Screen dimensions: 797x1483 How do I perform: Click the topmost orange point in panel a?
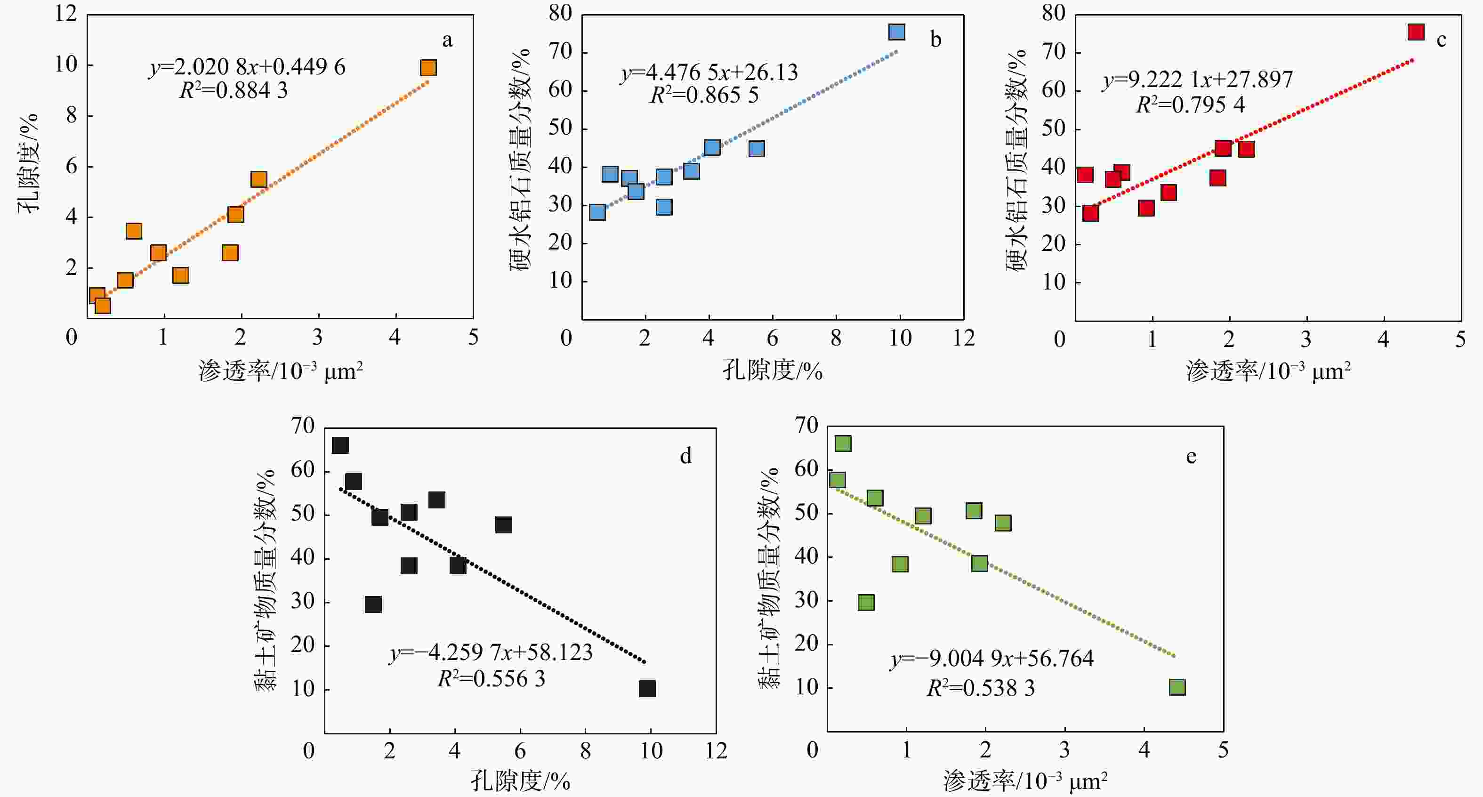click(428, 68)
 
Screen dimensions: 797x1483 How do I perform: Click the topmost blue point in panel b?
click(896, 32)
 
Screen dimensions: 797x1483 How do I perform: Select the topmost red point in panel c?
click(1416, 32)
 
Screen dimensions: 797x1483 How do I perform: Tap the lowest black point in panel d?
click(647, 689)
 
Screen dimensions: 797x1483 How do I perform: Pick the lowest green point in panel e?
click(1177, 687)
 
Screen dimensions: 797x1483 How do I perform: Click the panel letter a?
click(447, 40)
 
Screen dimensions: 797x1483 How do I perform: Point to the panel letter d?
click(685, 456)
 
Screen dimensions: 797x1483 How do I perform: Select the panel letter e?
click(1191, 456)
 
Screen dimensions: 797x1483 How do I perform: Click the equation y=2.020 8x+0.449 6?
click(248, 67)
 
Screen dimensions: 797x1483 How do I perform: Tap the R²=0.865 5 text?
click(704, 95)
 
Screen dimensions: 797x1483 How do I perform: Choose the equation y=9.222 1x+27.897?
click(1197, 79)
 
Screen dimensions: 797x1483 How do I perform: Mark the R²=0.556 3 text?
click(491, 679)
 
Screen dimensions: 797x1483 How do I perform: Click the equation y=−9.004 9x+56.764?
click(992, 658)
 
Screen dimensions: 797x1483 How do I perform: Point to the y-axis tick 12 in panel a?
click(66, 13)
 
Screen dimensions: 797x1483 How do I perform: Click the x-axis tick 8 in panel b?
click(836, 338)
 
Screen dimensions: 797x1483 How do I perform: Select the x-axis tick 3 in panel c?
click(1306, 339)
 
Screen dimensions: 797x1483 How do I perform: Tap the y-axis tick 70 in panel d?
click(303, 426)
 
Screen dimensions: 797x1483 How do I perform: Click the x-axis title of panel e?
click(1025, 781)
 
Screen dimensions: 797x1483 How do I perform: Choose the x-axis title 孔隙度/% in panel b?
click(772, 370)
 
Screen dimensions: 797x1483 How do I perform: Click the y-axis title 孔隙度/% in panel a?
click(28, 163)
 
